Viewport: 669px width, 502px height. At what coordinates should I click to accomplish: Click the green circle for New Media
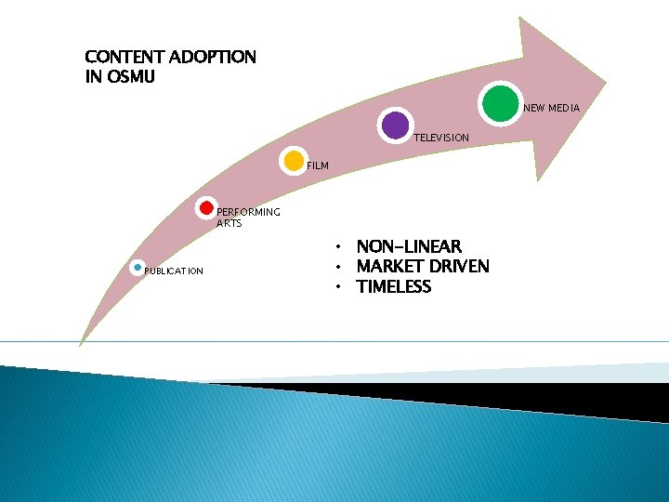500,102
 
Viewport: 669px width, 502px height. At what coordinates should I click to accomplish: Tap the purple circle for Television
396,125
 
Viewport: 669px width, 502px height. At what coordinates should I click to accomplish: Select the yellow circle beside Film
293,161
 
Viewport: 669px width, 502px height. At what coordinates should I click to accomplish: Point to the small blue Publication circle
138,268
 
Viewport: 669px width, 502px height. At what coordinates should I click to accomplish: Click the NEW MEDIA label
551,109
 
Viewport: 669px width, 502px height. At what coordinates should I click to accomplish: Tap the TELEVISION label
441,138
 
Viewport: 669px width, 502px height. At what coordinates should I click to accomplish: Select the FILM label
318,166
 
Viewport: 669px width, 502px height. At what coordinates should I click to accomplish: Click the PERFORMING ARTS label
247,218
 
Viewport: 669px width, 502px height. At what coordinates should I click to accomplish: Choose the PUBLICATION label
174,271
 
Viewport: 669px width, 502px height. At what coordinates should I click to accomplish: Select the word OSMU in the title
130,77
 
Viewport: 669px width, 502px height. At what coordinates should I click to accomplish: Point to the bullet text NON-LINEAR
409,246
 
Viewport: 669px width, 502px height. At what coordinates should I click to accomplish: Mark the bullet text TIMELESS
394,287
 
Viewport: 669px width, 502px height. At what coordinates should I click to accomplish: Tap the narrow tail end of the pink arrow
81,340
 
